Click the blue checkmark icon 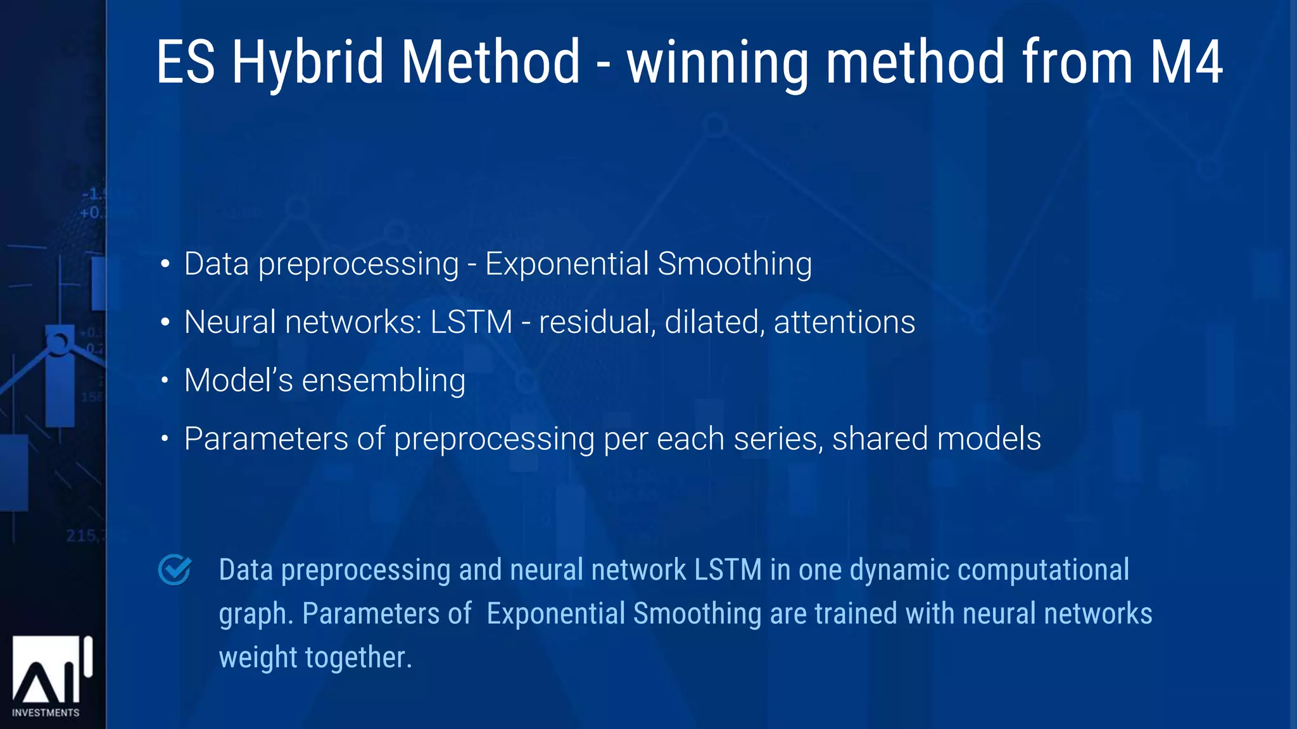(x=175, y=570)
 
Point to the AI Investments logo (x=51, y=671)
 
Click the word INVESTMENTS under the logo (x=46, y=713)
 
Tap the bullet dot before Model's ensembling (x=165, y=381)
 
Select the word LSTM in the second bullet (x=471, y=322)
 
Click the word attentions (x=844, y=322)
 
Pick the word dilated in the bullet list (x=712, y=322)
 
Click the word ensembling (x=384, y=381)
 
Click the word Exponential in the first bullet (x=567, y=264)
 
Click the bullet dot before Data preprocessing (x=165, y=264)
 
